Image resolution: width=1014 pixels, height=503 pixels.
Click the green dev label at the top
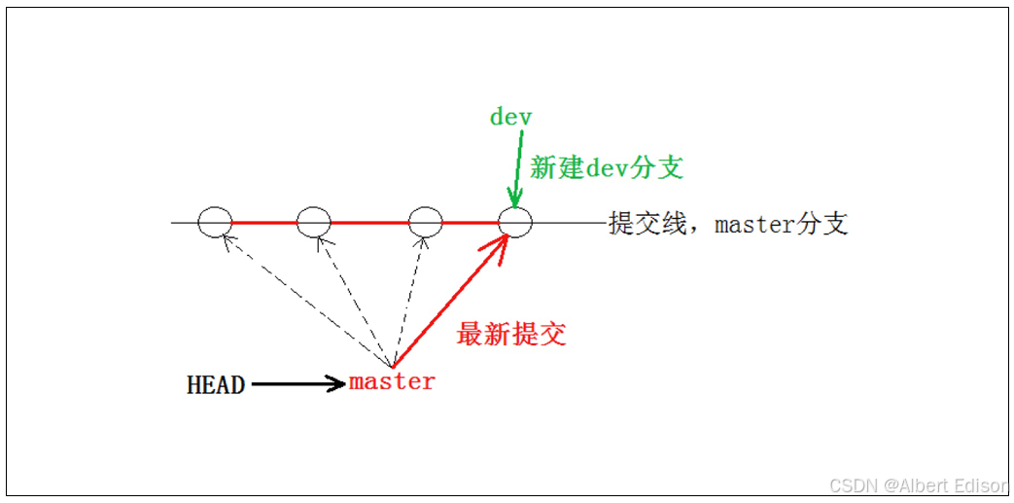(510, 117)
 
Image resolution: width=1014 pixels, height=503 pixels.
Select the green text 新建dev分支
(607, 167)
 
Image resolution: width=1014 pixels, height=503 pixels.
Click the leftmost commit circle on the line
(215, 223)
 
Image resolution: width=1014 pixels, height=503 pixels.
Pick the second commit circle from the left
(313, 223)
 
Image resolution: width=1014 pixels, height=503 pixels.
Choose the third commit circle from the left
(426, 223)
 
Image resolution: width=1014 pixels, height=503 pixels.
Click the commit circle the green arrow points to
(515, 223)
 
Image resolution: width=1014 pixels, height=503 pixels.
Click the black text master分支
(782, 224)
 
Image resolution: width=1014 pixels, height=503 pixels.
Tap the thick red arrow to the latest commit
(449, 304)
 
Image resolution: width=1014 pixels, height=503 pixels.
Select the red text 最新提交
(511, 335)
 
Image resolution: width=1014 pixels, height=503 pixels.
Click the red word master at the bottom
(392, 381)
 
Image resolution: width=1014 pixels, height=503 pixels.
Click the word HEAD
(216, 384)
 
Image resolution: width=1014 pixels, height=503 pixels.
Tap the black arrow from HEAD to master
(297, 383)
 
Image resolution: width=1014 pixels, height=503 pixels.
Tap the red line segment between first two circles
(263, 223)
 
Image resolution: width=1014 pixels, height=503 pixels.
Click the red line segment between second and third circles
(369, 223)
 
